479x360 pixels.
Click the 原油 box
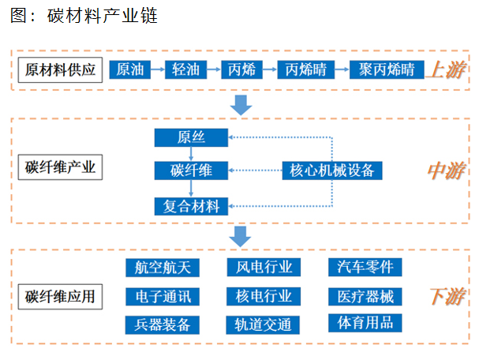pyautogui.click(x=130, y=69)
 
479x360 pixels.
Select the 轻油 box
pyautogui.click(x=185, y=69)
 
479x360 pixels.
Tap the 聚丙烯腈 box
pyautogui.click(x=387, y=69)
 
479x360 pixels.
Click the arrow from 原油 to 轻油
pyautogui.click(x=158, y=69)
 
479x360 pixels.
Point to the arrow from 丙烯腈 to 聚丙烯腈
pyautogui.click(x=342, y=69)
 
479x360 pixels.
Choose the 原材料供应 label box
pyautogui.click(x=60, y=70)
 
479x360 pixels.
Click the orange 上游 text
pyautogui.click(x=447, y=70)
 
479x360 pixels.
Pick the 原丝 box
pyautogui.click(x=191, y=137)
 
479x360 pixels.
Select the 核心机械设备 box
pyautogui.click(x=332, y=171)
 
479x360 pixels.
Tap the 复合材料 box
pyautogui.click(x=191, y=206)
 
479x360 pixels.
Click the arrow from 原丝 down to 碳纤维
pyautogui.click(x=191, y=154)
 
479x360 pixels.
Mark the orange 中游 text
pyautogui.click(x=447, y=171)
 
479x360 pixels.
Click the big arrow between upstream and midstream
pyautogui.click(x=241, y=105)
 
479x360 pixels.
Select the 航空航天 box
pyautogui.click(x=163, y=268)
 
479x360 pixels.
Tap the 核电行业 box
pyautogui.click(x=264, y=296)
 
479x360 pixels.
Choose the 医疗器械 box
pyautogui.click(x=365, y=296)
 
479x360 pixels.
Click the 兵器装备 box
pyautogui.click(x=163, y=324)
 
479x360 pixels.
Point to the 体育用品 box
pyautogui.click(x=365, y=323)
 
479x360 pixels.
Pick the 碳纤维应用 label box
pyautogui.click(x=60, y=297)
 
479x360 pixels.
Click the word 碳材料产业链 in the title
pyautogui.click(x=103, y=16)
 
